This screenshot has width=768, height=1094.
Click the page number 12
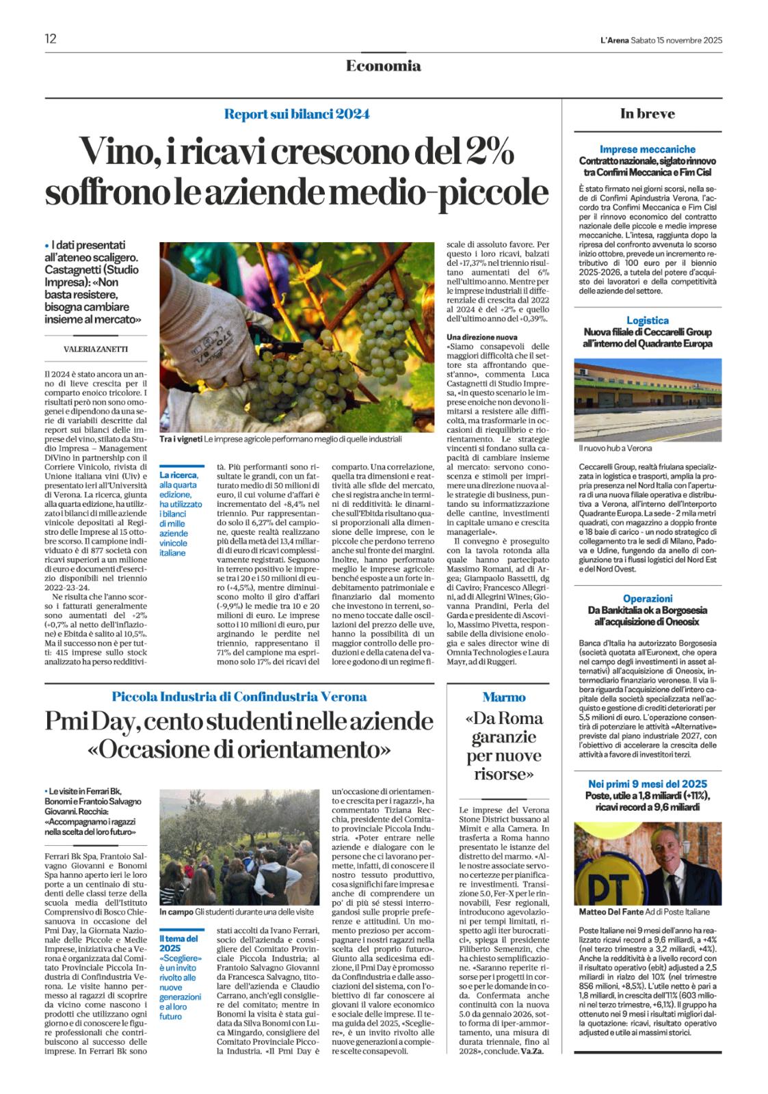(51, 38)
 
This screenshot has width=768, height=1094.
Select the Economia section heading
(383, 66)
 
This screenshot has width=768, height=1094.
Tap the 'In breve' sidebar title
(647, 114)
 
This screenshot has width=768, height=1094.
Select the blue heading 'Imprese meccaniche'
(647, 149)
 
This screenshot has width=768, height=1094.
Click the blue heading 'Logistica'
(647, 320)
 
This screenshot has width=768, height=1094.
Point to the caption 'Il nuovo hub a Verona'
(615, 448)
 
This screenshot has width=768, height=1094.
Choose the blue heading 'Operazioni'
(647, 598)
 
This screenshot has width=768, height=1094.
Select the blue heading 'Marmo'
(504, 697)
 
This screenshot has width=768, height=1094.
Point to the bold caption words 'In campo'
(175, 912)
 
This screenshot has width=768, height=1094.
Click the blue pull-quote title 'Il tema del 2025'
(178, 944)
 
